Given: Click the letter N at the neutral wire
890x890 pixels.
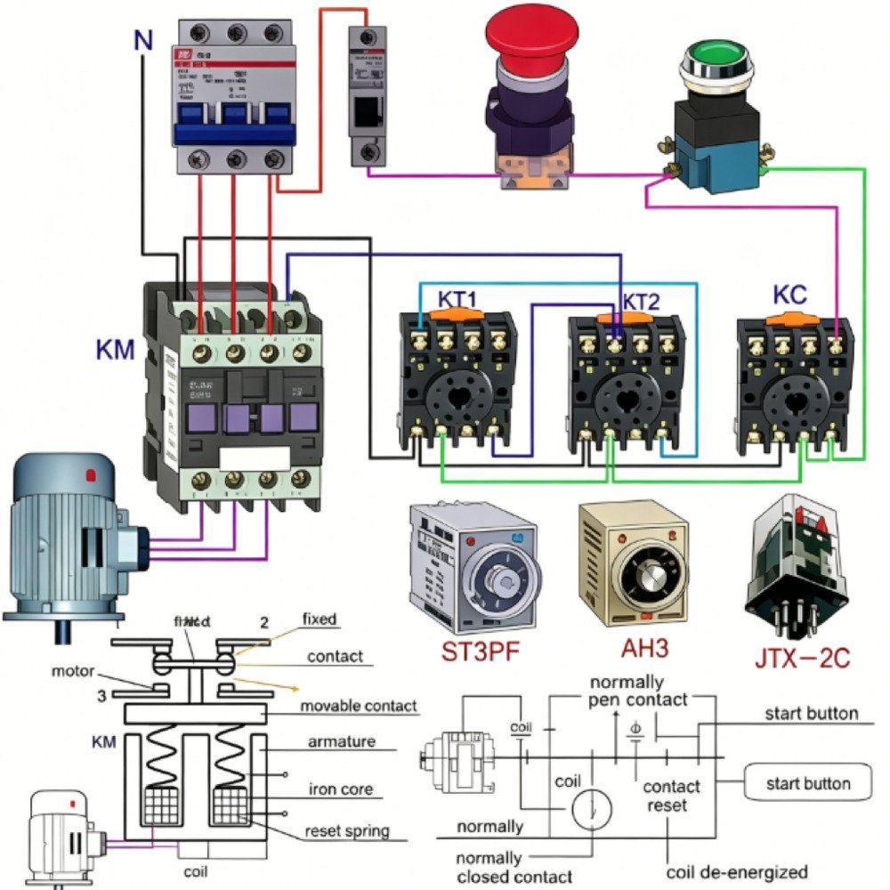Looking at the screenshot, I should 142,40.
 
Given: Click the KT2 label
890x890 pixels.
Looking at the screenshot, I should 641,301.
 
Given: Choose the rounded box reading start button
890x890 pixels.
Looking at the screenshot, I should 807,783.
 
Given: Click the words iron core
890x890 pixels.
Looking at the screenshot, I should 340,789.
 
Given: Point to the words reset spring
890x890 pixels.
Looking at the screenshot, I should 346,831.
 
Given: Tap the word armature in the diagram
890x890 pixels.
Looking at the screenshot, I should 342,741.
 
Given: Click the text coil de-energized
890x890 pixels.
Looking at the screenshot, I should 737,871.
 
